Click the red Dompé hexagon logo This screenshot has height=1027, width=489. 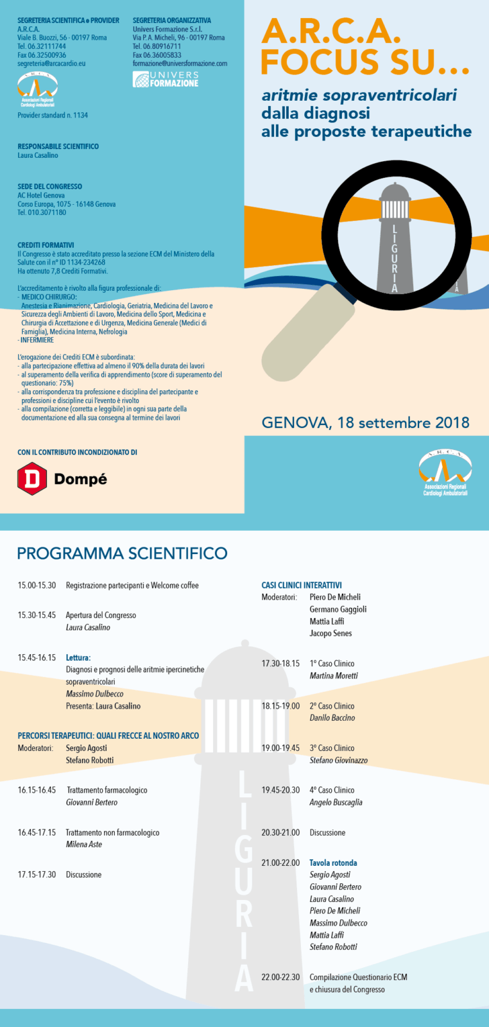point(31,479)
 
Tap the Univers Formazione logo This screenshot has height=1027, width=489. point(166,80)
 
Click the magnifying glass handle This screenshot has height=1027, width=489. point(308,340)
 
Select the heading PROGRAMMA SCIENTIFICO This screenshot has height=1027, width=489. point(122,553)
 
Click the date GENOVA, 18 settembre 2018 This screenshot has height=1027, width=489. point(365,423)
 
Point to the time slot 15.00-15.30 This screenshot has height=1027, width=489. point(37,585)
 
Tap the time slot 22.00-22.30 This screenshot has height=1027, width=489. point(280,977)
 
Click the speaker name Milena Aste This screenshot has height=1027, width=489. point(84,844)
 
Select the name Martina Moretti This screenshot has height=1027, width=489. point(334,675)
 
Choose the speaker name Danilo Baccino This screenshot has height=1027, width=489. point(332,718)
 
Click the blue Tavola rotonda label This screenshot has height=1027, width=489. point(333,863)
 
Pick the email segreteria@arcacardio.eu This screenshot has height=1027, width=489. point(51,64)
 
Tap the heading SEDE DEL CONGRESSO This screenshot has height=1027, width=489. point(49,186)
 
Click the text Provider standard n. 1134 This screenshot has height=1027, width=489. point(53,115)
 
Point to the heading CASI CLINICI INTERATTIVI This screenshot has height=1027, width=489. point(302,585)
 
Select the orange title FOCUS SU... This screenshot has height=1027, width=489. point(365,62)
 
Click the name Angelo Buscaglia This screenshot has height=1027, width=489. point(336,802)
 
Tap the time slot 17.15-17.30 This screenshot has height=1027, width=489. point(37,874)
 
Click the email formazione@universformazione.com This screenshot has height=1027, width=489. point(180,64)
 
